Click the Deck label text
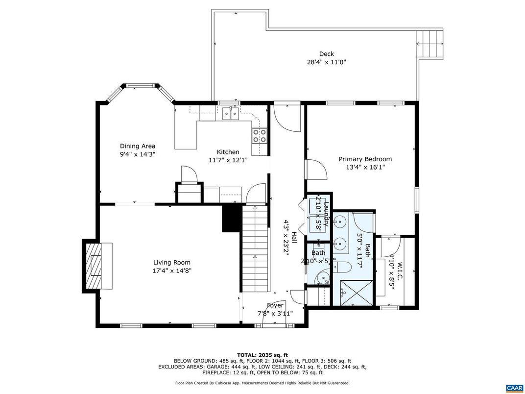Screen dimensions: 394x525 pos(326,54)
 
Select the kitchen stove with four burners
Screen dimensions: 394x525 pos(260,135)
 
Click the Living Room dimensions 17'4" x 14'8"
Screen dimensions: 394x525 pos(171,271)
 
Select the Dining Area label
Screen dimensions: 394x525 pos(138,146)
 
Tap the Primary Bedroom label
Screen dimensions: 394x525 pos(365,159)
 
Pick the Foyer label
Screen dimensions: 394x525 pos(275,305)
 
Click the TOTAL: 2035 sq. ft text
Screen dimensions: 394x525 pos(262,355)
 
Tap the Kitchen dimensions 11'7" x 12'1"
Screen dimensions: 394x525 pos(228,160)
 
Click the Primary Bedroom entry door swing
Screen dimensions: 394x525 pos(316,170)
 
